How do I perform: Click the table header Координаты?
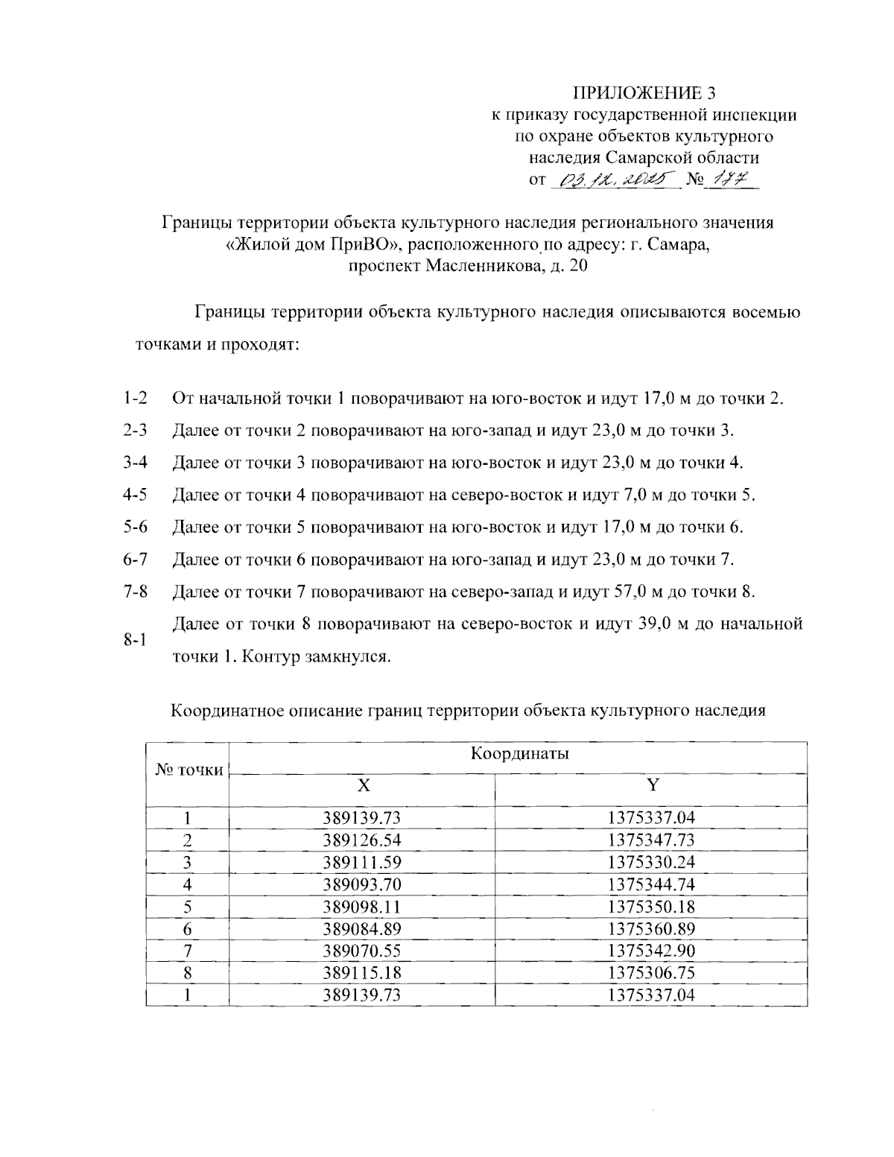[519, 753]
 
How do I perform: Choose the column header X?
[362, 785]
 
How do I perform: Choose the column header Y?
[652, 785]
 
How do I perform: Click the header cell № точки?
[188, 770]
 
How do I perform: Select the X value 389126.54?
[362, 840]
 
